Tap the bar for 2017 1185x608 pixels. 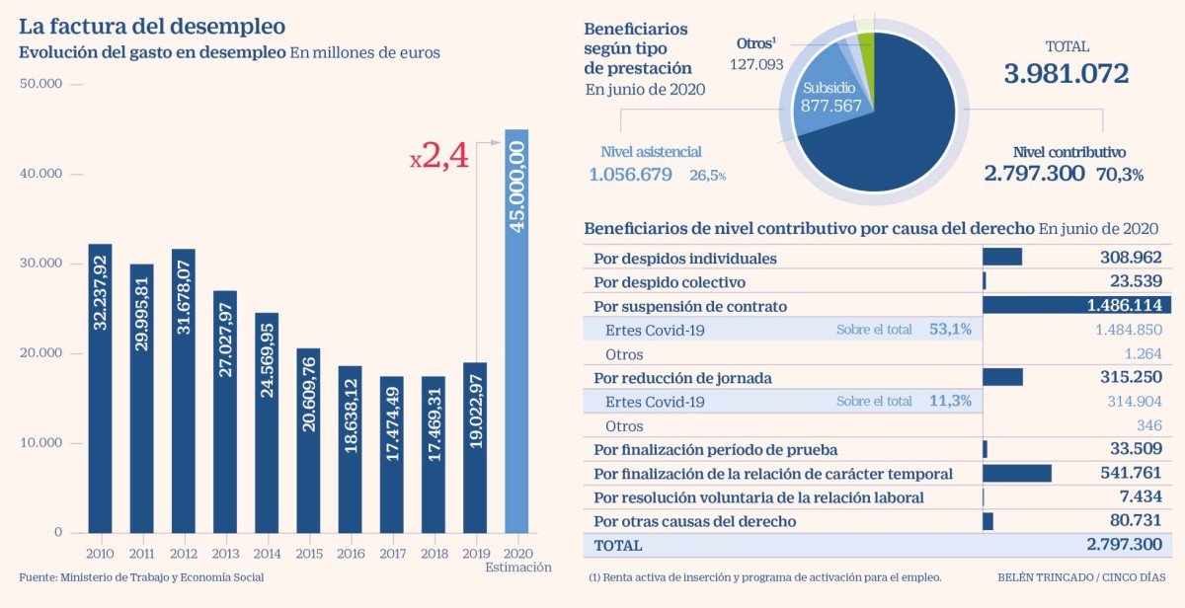coord(391,454)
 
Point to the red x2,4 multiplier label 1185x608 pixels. coord(438,157)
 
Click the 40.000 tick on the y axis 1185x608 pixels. coord(41,174)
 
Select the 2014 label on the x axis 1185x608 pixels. coord(266,553)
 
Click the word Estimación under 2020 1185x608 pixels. coord(518,568)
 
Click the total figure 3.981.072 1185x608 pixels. coord(1066,74)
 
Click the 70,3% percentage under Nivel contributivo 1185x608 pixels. coord(1119,175)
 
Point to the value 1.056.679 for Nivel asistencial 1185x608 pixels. coord(630,175)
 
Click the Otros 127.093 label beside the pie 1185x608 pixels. coord(756,55)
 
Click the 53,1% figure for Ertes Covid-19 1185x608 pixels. coord(950,330)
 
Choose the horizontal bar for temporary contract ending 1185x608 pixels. coord(1016,474)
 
